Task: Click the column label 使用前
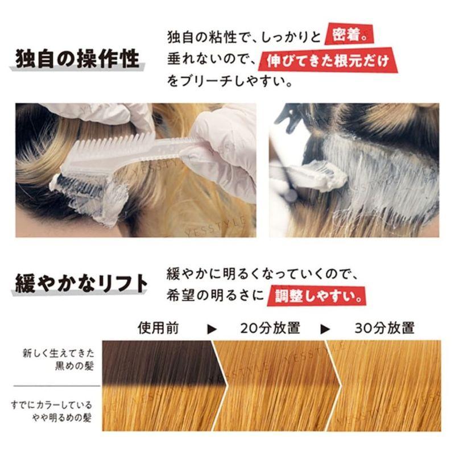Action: click(x=155, y=328)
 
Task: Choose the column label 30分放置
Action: click(x=384, y=328)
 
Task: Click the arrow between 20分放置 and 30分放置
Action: click(x=326, y=328)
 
